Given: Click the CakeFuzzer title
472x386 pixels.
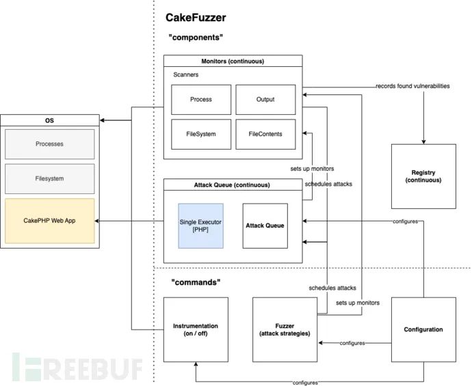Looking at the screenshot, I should point(196,18).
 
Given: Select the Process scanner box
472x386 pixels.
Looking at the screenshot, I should point(200,100).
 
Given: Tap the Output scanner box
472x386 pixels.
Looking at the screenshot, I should point(265,100).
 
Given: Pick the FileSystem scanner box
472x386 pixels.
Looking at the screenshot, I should point(200,135).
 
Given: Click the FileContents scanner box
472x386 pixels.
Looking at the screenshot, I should point(265,135).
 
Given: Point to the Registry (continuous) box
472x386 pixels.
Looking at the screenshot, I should point(423,176).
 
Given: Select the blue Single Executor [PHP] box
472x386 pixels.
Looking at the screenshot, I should point(201,225).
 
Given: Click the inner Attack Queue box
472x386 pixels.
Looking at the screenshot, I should point(264,225).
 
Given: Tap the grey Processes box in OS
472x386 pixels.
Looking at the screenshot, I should point(50,144).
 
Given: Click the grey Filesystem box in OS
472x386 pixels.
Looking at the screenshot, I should point(50,178).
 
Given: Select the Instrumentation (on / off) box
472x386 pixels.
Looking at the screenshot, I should point(195,329).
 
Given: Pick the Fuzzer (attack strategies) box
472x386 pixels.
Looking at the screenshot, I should point(285,329).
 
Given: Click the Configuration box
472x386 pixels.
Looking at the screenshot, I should point(423,329).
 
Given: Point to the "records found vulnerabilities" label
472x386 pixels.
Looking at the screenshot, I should point(412,87).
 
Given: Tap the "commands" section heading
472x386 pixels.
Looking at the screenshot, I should point(195,281).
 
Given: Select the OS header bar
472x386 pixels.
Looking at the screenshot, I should point(50,122).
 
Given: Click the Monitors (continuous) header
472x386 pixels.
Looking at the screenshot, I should point(233,61).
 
